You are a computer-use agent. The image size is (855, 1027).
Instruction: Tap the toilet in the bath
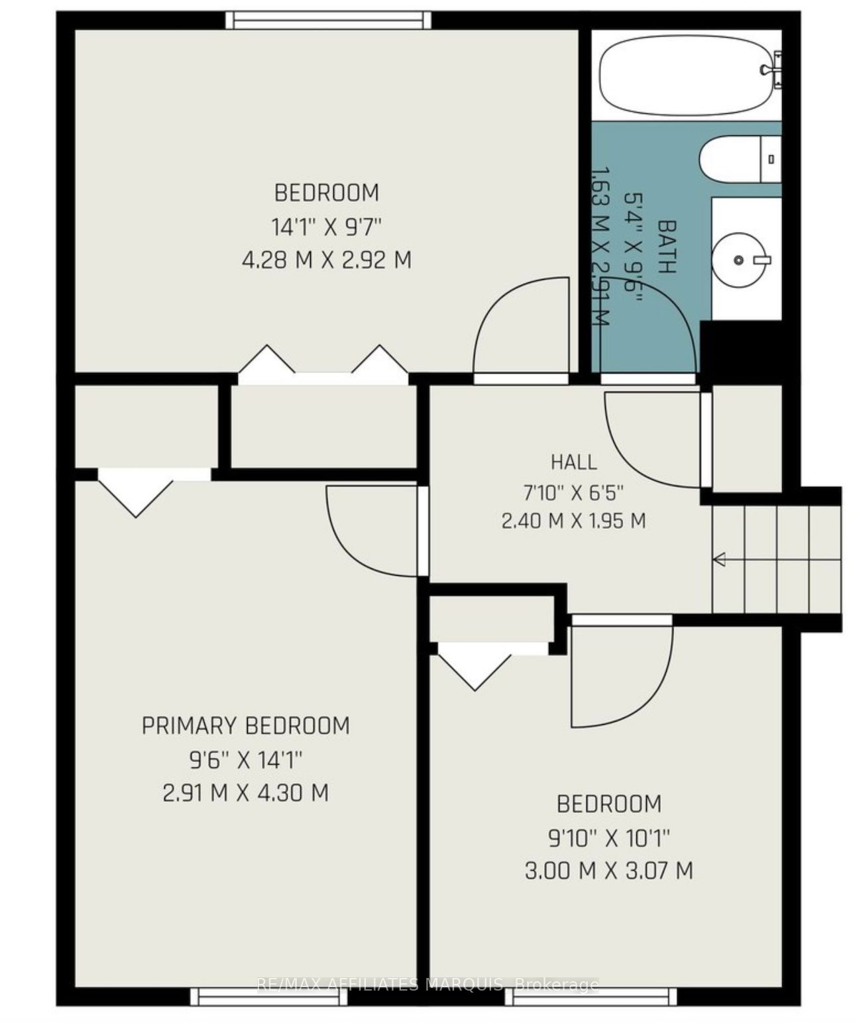pos(740,159)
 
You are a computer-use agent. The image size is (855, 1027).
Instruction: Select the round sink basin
pos(738,259)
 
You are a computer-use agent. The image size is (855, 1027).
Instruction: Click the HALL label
pos(573,462)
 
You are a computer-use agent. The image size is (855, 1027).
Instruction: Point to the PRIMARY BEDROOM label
pos(245,726)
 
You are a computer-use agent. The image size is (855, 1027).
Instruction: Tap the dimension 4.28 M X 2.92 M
pos(327,260)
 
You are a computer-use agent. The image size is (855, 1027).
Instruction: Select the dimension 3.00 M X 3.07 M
pos(609,871)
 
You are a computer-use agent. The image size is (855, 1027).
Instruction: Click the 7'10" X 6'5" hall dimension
pos(573,492)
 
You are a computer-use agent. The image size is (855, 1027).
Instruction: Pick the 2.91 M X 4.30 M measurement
pos(245,793)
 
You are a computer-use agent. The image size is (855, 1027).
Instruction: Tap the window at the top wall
pos(328,20)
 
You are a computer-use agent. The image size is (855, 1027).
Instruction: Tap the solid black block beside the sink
pos(741,349)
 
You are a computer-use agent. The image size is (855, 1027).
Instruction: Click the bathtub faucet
pos(771,69)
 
